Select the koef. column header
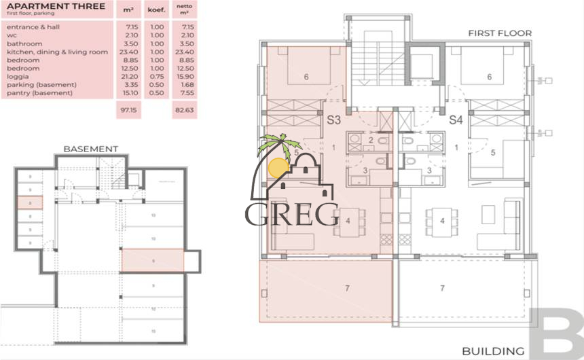click(x=158, y=10)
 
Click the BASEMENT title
click(x=90, y=149)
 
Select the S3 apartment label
click(x=333, y=120)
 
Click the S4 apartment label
click(x=456, y=120)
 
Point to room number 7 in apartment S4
click(x=442, y=289)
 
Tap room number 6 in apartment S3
click(x=306, y=77)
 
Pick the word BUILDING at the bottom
click(x=493, y=351)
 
